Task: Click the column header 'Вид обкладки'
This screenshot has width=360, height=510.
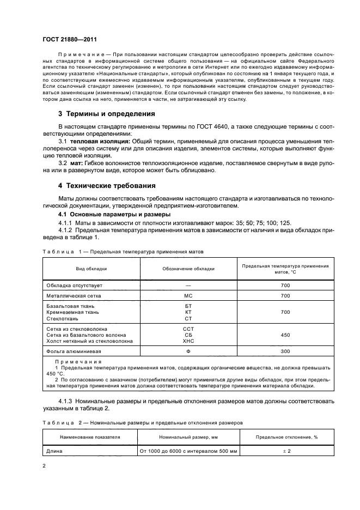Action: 91,269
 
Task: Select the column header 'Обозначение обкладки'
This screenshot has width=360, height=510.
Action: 188,269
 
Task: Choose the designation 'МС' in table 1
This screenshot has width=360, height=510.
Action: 188,296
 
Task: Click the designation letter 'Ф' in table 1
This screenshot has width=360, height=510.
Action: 188,353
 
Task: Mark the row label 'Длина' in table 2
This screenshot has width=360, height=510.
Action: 55,451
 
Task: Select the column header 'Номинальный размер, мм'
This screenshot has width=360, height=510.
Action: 188,437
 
